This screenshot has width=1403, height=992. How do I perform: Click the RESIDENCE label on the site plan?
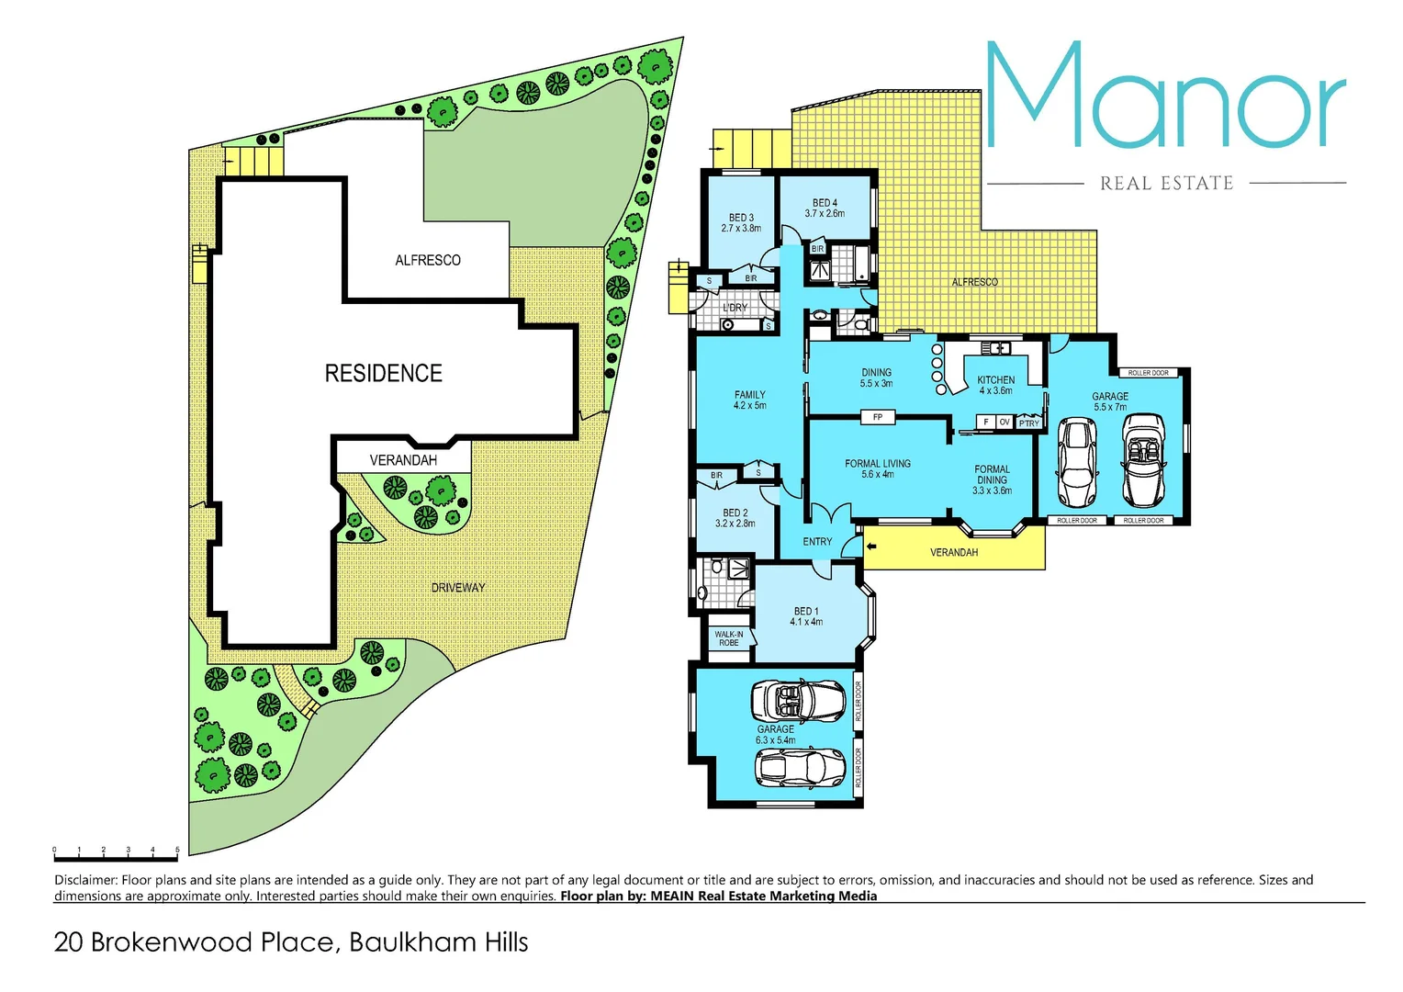(x=384, y=373)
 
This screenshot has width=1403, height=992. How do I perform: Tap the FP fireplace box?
(x=877, y=417)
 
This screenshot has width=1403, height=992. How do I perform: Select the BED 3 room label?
(x=741, y=223)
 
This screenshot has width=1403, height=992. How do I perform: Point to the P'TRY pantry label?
(x=1028, y=423)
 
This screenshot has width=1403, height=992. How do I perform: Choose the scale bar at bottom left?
(x=116, y=858)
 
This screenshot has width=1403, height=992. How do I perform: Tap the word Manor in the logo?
(x=1164, y=96)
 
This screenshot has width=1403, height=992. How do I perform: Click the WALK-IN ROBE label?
(x=729, y=638)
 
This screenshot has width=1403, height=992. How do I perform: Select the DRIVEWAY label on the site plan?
(x=458, y=587)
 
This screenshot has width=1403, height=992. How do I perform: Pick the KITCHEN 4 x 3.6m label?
(x=995, y=385)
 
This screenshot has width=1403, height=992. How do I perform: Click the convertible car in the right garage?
(x=1143, y=460)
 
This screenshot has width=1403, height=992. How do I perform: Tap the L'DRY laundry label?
(x=735, y=308)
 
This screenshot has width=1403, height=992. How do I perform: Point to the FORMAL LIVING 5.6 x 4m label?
(x=878, y=468)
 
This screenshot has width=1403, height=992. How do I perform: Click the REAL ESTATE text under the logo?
(x=1166, y=184)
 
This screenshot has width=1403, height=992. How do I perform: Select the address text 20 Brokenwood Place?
(x=290, y=942)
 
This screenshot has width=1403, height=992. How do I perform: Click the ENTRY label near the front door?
(x=817, y=542)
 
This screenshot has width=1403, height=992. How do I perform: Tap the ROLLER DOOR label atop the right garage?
(x=1148, y=373)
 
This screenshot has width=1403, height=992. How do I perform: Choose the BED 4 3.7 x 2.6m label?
(x=825, y=208)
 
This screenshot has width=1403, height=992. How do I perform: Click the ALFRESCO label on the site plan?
(x=428, y=261)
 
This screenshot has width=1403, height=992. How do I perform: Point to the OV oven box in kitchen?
(x=1005, y=423)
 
